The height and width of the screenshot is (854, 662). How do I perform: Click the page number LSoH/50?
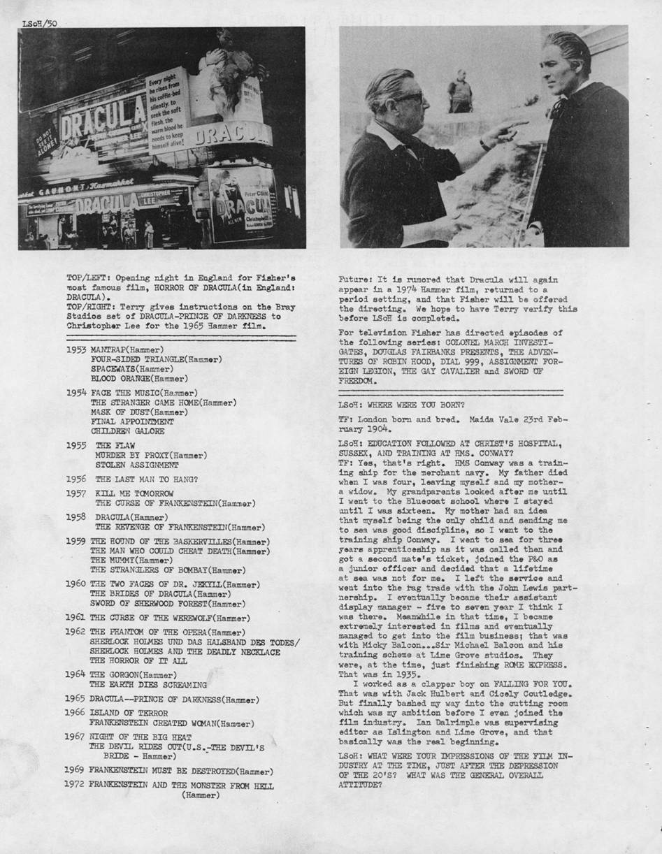pos(38,23)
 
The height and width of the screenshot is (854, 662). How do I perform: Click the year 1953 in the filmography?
pos(76,349)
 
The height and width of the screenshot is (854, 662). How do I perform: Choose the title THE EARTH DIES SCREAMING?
pos(148,685)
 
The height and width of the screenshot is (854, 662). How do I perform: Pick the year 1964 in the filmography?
pos(76,674)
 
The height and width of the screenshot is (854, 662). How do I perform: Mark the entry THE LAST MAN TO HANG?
pos(146,479)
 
